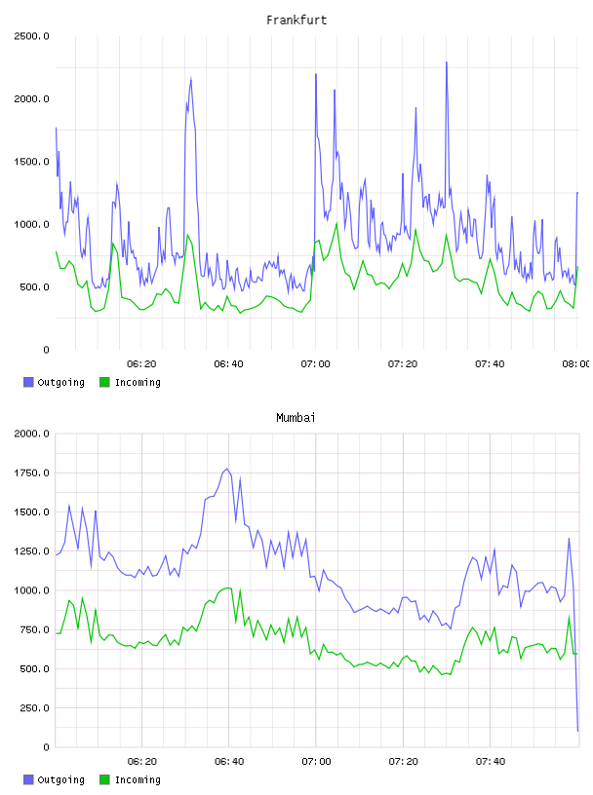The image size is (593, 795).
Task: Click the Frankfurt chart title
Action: [x=296, y=20]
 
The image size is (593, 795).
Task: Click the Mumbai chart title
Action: [x=296, y=418]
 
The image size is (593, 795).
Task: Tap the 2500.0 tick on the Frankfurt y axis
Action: [x=31, y=36]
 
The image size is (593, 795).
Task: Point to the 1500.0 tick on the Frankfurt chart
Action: [x=31, y=162]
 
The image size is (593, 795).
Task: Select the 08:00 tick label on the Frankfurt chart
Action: [x=575, y=364]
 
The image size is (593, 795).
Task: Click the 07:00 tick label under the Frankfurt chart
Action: [x=315, y=364]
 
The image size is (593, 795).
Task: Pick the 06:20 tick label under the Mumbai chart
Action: [x=141, y=762]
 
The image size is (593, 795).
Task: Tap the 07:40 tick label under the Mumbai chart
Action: [x=491, y=762]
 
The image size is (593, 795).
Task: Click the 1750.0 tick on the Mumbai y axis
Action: [x=31, y=473]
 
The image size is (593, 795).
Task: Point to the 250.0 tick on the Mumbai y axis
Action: [x=34, y=708]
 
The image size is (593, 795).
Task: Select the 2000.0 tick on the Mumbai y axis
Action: [x=31, y=434]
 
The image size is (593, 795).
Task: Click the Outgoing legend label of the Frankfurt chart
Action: [x=60, y=382]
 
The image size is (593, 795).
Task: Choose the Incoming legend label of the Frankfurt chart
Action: [x=138, y=382]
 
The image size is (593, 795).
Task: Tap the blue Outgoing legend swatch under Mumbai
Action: [x=28, y=779]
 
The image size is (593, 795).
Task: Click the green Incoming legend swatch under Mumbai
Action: [x=104, y=779]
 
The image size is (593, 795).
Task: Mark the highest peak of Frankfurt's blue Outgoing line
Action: [x=447, y=61]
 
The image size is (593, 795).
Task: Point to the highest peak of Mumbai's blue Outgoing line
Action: [x=227, y=469]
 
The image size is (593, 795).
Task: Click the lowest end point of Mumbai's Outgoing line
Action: [x=577, y=731]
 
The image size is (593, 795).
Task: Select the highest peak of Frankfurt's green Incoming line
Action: [x=336, y=223]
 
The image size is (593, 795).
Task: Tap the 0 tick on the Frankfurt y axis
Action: [x=46, y=350]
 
